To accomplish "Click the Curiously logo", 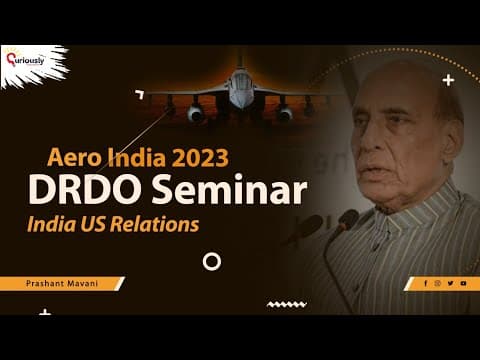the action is tap(25, 59).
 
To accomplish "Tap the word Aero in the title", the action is tap(74, 157).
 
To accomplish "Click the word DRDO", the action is tap(84, 189).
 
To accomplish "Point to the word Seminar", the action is tap(229, 189).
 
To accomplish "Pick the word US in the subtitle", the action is tap(93, 224).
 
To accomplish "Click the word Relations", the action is tap(155, 224).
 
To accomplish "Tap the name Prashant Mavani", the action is tap(62, 284).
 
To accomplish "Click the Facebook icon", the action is tap(426, 283).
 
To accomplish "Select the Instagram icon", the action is tap(438, 283).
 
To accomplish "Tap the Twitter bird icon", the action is tap(450, 283).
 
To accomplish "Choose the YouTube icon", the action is tap(463, 283).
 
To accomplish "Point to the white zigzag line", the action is tap(287, 304).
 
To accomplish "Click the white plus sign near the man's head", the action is tap(448, 80).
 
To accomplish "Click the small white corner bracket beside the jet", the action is tap(140, 94).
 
